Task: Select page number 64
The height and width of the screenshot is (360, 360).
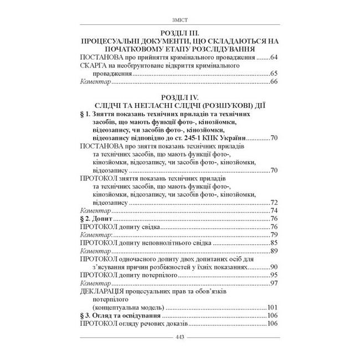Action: pos(274,57)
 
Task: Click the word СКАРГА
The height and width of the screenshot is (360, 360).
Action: pos(95,65)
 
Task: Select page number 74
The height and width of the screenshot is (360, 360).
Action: pos(274,210)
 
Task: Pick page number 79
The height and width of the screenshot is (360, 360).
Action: pos(274,235)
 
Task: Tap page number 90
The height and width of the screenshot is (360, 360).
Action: pos(274,267)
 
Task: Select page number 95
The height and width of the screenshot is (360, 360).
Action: pos(274,275)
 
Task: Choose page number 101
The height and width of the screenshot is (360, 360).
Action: pos(272,307)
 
